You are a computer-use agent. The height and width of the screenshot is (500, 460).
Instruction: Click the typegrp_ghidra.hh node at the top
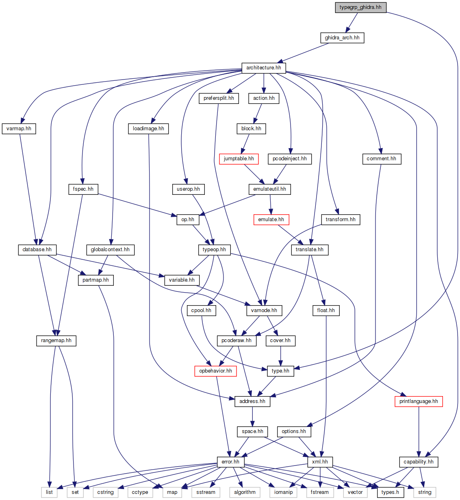360,7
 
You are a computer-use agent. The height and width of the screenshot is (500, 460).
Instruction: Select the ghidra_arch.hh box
342,38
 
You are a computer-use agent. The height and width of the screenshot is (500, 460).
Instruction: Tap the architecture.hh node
263,68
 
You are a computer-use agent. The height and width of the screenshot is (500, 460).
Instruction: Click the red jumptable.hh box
239,159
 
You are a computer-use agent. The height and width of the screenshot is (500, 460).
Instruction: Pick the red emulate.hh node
271,220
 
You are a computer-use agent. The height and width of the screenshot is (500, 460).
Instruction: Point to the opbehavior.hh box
215,371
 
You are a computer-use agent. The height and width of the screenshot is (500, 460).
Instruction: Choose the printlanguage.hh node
419,401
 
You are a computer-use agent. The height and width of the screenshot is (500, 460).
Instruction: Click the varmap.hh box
19,129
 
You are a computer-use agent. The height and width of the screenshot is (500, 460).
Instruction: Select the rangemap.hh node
56,341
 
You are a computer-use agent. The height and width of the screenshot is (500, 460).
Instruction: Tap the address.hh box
252,401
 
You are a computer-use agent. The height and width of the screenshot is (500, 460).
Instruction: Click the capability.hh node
419,462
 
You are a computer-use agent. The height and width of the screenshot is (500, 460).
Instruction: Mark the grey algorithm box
245,492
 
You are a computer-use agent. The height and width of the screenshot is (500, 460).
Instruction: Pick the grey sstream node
206,492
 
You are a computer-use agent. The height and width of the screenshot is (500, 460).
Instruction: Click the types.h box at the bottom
390,492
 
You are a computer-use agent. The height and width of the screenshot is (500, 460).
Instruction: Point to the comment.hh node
381,159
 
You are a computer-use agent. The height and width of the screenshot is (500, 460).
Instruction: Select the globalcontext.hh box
110,250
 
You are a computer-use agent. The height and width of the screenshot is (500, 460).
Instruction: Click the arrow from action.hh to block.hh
258,113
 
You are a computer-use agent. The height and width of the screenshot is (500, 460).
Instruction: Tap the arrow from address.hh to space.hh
252,416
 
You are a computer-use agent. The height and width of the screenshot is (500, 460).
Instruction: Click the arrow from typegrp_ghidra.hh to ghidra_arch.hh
352,23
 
